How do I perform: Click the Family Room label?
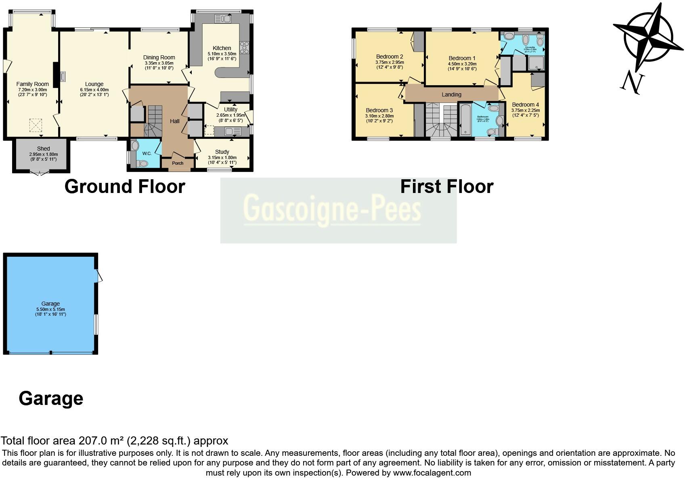(32, 84)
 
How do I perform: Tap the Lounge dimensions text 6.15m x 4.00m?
(94, 90)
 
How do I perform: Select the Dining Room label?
(159, 57)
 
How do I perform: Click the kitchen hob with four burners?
(244, 47)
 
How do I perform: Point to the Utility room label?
(230, 109)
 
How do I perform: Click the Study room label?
(222, 152)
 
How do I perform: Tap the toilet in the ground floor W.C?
(142, 163)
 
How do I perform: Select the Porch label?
(178, 163)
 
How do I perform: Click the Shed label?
(43, 149)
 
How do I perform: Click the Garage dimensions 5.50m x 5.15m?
(50, 309)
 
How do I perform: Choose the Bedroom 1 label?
(462, 58)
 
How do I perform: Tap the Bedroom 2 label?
(390, 57)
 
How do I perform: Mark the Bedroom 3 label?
(379, 110)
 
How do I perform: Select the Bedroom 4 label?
(525, 105)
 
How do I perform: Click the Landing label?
(451, 94)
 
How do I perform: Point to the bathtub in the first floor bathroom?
(465, 119)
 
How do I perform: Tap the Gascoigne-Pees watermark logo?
(332, 210)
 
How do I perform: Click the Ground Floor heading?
(125, 187)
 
